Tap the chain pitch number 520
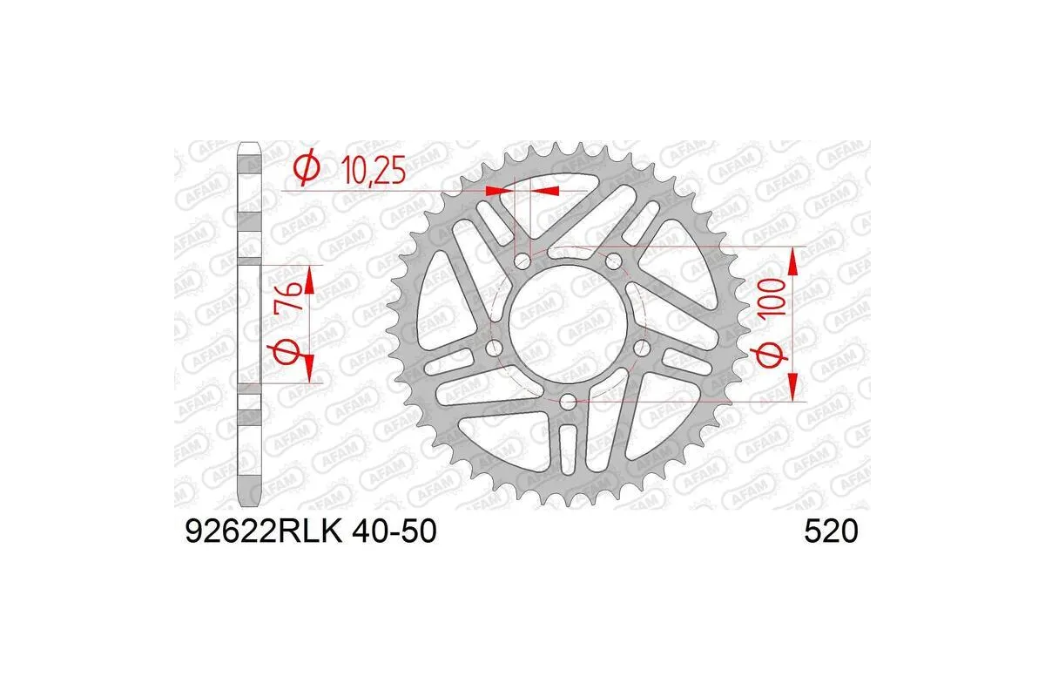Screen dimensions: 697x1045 pos(831,531)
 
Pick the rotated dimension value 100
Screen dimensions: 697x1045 pos(776,299)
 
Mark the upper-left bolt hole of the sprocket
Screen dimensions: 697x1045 pos(522,261)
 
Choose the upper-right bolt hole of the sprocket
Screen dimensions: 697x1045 pos(613,260)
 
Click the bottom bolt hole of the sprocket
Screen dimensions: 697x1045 pos(568,401)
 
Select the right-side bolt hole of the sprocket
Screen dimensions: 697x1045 pos(642,348)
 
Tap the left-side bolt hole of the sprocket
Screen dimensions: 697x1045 pos(494,348)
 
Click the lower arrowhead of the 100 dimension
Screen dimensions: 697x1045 pos(792,387)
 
